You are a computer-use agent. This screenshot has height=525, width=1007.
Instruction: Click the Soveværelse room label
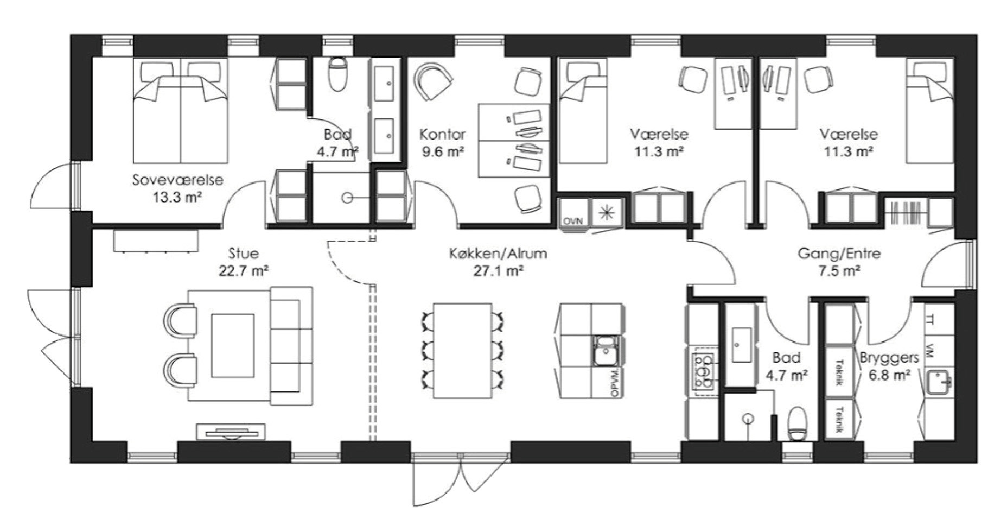pyautogui.click(x=177, y=180)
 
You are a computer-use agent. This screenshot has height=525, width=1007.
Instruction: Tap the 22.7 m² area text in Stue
pyautogui.click(x=244, y=270)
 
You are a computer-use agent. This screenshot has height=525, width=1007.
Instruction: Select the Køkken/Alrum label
pyautogui.click(x=498, y=253)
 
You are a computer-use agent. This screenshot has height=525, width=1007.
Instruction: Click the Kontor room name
pyautogui.click(x=443, y=134)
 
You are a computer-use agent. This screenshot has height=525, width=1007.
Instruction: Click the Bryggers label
pyautogui.click(x=889, y=358)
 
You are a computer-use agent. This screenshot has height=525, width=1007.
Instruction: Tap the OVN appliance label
pyautogui.click(x=572, y=221)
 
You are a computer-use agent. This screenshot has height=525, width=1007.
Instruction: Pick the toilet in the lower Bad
pyautogui.click(x=798, y=423)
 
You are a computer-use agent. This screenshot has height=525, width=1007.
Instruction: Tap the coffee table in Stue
pyautogui.click(x=233, y=345)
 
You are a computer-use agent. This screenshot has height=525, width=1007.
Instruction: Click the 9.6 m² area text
pyautogui.click(x=443, y=151)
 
